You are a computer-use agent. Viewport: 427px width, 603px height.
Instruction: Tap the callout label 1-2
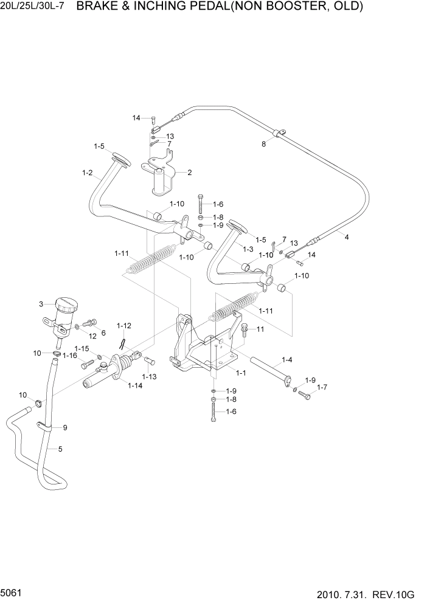87,173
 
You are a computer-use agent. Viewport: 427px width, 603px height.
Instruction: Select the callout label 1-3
248,249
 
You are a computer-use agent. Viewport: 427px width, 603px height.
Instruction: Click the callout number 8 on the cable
263,145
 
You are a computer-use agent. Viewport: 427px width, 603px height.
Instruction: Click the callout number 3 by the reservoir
41,304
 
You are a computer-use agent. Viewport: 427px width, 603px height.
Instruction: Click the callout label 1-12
124,326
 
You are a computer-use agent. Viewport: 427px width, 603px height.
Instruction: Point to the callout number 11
260,329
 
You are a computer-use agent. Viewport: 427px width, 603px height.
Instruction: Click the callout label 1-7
321,387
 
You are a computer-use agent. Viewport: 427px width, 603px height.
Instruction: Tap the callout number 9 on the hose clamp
65,427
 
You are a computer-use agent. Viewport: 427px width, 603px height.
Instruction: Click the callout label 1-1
240,372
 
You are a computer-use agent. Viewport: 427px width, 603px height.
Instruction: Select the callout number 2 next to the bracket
189,173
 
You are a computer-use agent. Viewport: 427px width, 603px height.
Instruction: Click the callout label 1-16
70,356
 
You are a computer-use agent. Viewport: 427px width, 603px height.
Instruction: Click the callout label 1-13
149,377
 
